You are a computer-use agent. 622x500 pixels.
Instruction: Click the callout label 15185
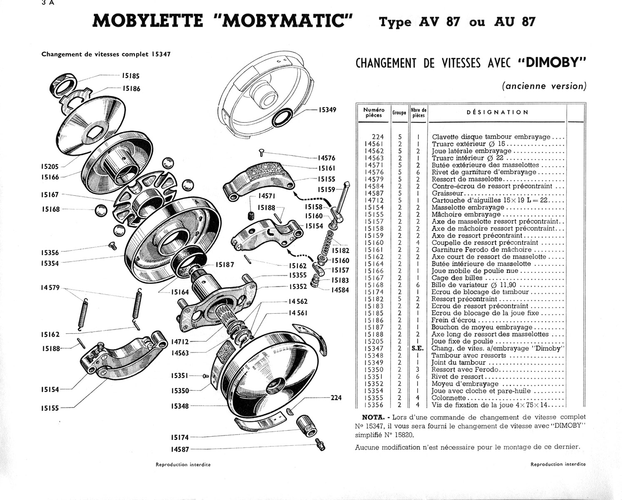130,76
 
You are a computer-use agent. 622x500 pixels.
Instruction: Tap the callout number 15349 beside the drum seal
327,110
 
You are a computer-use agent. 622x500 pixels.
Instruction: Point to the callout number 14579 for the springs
50,287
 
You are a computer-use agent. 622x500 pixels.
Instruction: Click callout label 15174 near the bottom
179,437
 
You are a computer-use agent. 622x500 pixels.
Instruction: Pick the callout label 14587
179,449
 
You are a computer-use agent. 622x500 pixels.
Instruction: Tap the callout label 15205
50,166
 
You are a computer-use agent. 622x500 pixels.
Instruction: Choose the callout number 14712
180,342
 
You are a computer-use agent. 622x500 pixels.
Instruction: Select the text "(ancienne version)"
544,86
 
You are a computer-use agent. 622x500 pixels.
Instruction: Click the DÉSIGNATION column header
497,112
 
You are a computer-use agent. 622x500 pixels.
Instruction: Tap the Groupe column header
399,112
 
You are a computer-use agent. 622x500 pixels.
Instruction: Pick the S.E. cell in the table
417,348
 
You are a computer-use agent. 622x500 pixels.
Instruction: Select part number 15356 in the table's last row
373,405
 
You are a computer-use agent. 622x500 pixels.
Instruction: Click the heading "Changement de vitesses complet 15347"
106,54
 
